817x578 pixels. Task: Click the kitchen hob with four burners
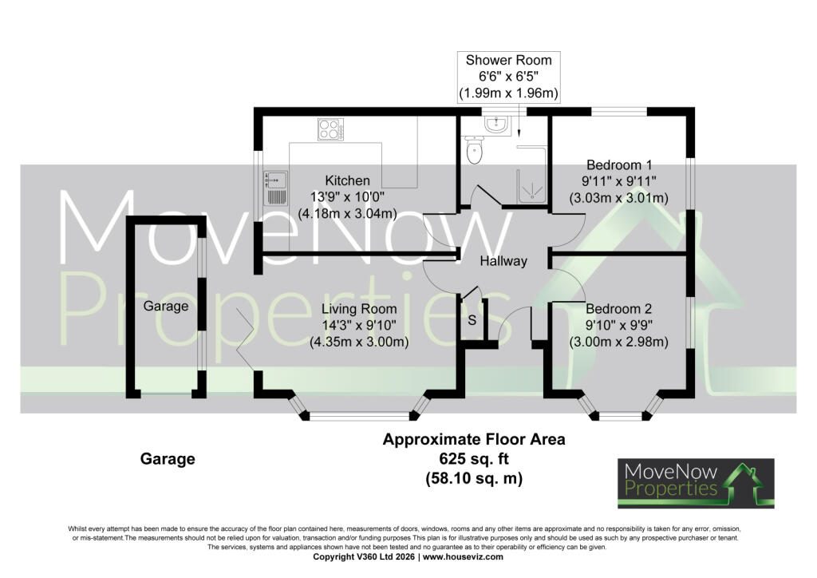[x=331, y=129]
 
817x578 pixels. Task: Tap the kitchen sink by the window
[x=275, y=188]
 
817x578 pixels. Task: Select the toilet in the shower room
[x=475, y=150]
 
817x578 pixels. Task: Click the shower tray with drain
[x=531, y=184]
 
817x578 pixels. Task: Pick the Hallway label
[x=503, y=261]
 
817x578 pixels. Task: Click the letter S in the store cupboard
[x=472, y=320]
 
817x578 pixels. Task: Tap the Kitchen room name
[x=348, y=181]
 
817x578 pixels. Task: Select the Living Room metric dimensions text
[x=359, y=342]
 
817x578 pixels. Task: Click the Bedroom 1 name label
[x=619, y=165]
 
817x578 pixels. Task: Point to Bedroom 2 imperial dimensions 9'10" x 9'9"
[x=619, y=325]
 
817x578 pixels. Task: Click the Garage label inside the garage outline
[x=166, y=307]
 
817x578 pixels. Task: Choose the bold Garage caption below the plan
[x=168, y=458]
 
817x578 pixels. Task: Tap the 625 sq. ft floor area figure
[x=474, y=459]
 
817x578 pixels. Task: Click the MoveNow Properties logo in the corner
[x=696, y=483]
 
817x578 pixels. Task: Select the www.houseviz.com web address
[x=463, y=556]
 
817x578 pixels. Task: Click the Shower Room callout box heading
[x=508, y=61]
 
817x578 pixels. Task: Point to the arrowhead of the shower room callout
[x=519, y=133]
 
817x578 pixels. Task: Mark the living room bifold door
[x=245, y=338]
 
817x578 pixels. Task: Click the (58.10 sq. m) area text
[x=474, y=478]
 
